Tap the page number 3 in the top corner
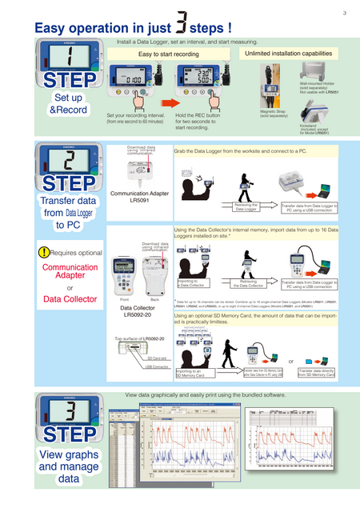(344, 12)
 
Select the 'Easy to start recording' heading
(169, 53)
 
